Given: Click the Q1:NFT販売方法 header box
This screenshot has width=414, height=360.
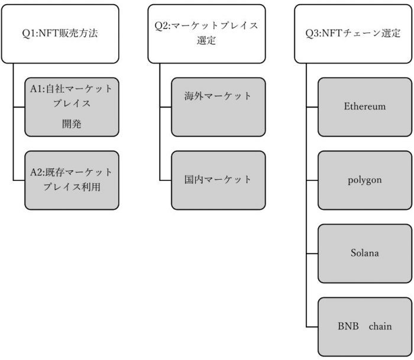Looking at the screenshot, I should (59, 34).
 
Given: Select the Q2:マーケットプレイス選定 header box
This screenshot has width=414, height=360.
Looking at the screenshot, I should (206, 34).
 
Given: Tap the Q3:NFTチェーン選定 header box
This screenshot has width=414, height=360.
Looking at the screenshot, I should (353, 34).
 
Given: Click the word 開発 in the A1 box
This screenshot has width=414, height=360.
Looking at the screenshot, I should (72, 123).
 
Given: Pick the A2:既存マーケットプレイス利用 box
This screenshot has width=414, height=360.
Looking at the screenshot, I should (72, 180).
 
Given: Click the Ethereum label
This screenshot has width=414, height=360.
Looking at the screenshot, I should (365, 107).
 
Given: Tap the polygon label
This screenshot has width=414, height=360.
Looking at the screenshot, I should (365, 180).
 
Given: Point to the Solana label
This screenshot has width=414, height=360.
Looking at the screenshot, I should (365, 253).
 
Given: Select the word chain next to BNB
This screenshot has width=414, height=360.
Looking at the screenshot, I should (380, 326).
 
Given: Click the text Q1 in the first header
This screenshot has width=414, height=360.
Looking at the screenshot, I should (27, 34).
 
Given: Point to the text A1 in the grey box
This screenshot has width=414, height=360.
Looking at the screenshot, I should (37, 89).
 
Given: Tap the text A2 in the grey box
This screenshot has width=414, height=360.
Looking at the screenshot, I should (37, 173).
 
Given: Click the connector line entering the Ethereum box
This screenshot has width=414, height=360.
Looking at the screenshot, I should (312, 107).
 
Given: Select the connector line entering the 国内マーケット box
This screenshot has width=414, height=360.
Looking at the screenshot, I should (166, 180).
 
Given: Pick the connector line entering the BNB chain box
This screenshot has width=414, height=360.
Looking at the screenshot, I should (312, 326).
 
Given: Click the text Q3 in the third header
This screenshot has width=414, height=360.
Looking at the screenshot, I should (313, 34).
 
